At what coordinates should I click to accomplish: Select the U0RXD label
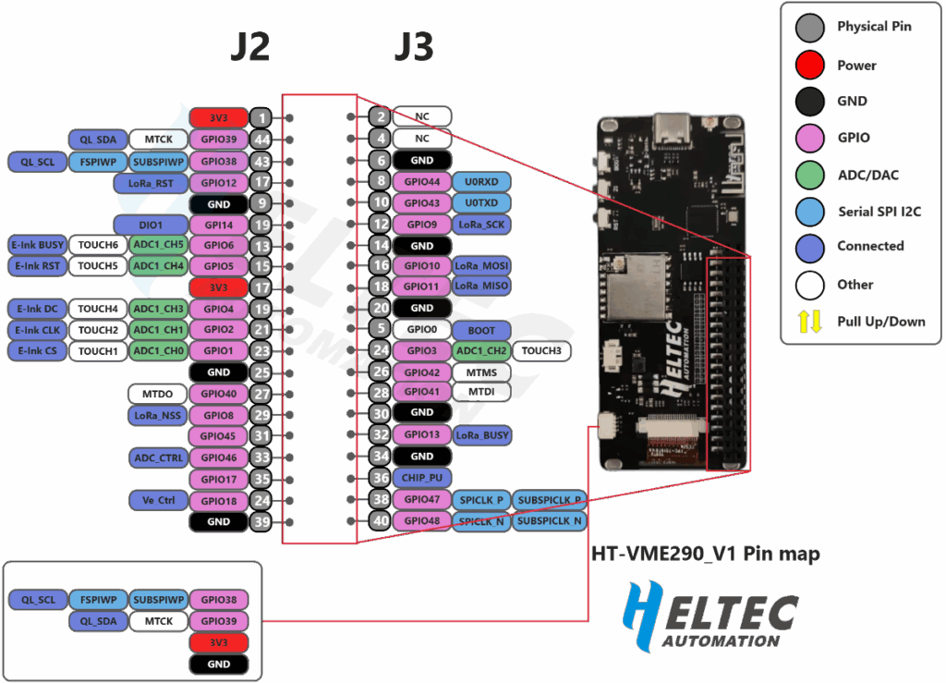(x=481, y=181)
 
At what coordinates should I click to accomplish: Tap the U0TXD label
(x=481, y=202)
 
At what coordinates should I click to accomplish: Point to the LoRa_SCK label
(x=481, y=224)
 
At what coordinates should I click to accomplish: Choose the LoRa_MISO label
(x=481, y=287)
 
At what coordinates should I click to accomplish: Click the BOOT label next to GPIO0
(x=481, y=329)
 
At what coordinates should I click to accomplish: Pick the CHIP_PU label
(x=421, y=478)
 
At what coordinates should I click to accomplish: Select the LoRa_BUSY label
(x=481, y=434)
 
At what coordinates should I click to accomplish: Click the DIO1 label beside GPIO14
(x=151, y=225)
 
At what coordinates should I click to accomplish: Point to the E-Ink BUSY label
(x=37, y=245)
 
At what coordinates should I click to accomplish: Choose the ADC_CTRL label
(x=159, y=457)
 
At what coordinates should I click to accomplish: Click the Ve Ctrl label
(x=159, y=500)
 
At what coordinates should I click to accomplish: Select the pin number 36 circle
(x=380, y=478)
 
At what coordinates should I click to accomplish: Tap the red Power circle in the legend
(x=809, y=65)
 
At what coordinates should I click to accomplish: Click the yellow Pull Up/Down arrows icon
(x=809, y=321)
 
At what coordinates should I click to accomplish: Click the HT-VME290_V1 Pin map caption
(x=705, y=554)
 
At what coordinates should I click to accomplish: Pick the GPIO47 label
(x=421, y=499)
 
